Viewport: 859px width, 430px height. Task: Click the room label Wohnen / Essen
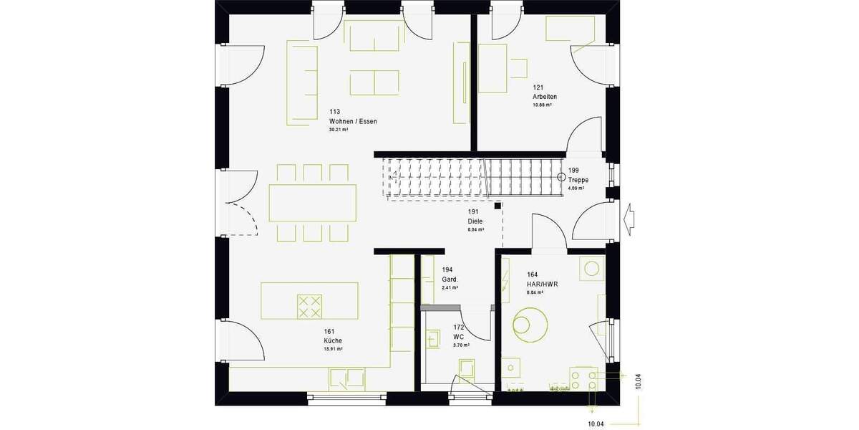(353, 122)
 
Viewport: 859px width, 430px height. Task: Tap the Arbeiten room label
(544, 97)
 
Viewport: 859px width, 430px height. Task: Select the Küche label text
(332, 340)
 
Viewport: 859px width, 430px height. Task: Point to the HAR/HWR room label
(542, 285)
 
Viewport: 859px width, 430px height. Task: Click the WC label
(459, 336)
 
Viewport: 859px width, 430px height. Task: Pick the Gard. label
(450, 279)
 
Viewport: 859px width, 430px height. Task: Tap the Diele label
(475, 221)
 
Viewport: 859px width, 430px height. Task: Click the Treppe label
(578, 180)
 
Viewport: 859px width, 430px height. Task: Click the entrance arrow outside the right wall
(630, 216)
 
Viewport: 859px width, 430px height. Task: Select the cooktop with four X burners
(309, 306)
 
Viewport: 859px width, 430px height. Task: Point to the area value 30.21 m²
(338, 130)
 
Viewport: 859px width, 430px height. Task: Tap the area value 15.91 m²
(333, 349)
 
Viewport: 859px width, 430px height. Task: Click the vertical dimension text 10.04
(638, 381)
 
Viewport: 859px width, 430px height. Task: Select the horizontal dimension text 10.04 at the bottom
(596, 424)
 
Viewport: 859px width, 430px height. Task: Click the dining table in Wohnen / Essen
(312, 203)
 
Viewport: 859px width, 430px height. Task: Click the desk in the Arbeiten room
(492, 68)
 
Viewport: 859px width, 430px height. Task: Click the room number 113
(334, 113)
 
